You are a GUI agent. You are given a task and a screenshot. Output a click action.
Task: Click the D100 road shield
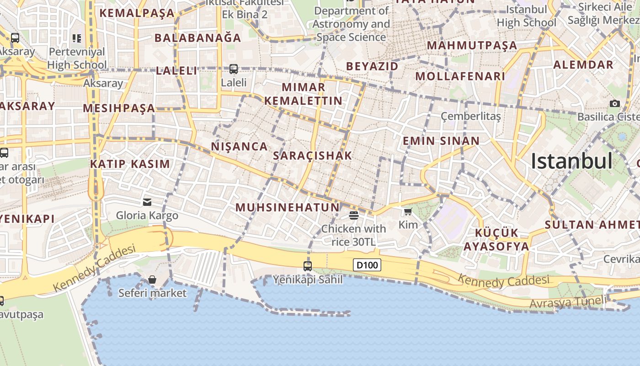(x=367, y=265)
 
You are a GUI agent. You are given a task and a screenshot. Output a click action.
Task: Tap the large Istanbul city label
(x=571, y=161)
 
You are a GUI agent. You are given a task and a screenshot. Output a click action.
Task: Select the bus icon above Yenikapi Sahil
(x=308, y=266)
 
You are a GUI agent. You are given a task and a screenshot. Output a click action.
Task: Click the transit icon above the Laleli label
(x=234, y=69)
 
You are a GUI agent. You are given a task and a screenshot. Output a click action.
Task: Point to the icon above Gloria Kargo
(x=147, y=202)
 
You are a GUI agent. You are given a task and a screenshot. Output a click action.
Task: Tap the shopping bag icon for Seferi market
(x=152, y=280)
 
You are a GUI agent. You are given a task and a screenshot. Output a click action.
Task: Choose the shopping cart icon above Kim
(x=408, y=211)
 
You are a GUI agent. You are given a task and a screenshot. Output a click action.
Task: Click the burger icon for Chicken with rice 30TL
(x=353, y=215)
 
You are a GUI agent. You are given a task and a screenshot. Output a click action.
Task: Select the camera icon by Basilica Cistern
(x=615, y=103)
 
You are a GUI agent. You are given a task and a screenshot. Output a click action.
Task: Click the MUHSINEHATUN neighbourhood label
(x=288, y=207)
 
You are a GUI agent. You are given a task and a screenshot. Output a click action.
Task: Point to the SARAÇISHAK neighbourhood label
(x=313, y=156)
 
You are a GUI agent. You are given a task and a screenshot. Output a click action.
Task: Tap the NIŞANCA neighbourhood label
(x=239, y=146)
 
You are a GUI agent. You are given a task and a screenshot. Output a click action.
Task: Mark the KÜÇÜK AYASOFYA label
(x=496, y=240)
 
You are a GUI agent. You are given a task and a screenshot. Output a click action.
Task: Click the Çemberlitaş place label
(x=471, y=116)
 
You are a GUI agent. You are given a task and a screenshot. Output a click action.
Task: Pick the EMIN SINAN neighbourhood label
(x=441, y=140)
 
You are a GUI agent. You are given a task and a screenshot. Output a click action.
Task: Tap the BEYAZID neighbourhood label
(x=372, y=66)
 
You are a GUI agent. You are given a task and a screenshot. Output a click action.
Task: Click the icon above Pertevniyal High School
(x=77, y=38)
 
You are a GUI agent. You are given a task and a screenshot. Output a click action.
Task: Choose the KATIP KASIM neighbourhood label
(x=130, y=164)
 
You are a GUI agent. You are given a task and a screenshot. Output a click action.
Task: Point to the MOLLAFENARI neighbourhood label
(x=460, y=76)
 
